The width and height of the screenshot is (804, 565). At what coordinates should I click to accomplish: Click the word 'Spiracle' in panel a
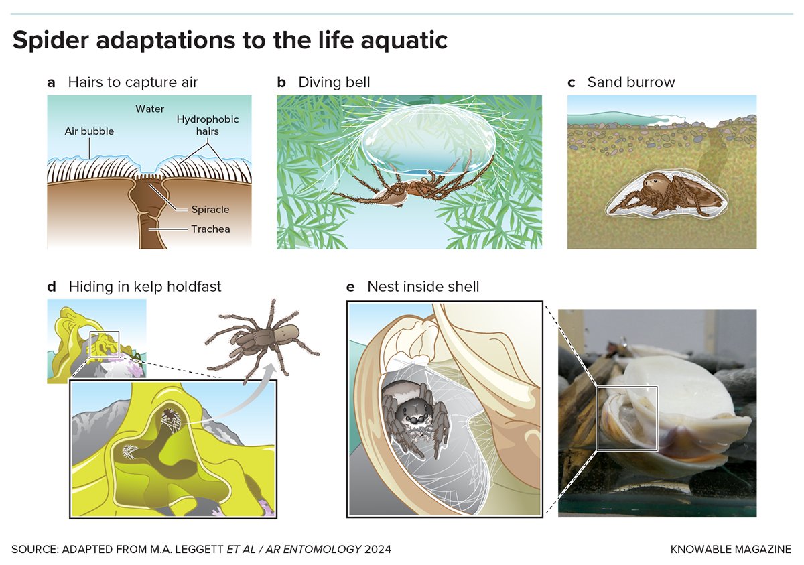pos(210,210)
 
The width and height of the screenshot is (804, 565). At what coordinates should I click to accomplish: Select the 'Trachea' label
pos(210,229)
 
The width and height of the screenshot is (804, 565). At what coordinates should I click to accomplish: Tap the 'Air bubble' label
pos(89,131)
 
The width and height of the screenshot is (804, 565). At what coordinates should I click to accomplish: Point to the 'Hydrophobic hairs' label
pos(208,125)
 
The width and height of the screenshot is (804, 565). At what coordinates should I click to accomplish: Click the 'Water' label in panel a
pos(149,109)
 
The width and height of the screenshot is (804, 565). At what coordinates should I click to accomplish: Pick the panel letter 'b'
pos(281,82)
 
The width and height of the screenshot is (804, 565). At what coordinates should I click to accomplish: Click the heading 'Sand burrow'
pos(631,82)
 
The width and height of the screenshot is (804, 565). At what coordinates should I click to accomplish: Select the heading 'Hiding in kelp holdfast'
pos(145,287)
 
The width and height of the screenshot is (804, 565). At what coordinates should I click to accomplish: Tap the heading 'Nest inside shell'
pos(423,287)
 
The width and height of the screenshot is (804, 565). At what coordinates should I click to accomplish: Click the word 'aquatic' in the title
pos(404,40)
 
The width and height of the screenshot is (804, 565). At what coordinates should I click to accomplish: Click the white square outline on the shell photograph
pos(597,418)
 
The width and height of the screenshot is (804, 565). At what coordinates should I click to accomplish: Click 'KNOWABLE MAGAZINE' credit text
pos(731,549)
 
